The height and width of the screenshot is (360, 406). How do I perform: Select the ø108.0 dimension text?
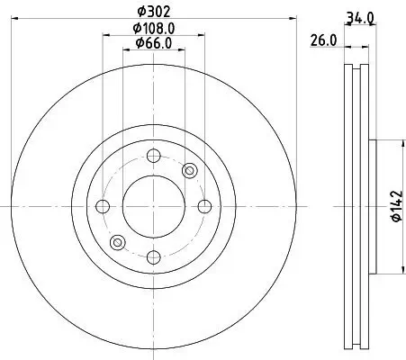[x=154, y=27]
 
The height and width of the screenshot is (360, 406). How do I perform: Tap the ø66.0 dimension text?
[x=154, y=42]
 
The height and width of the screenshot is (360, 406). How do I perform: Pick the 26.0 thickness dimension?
[x=321, y=40]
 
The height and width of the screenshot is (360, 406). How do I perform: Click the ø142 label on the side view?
[x=393, y=206]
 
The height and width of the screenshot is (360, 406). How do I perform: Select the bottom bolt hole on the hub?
[x=153, y=258]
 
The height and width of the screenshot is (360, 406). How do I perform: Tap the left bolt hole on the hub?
[x=102, y=206]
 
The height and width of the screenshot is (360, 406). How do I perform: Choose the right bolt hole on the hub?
[x=205, y=206]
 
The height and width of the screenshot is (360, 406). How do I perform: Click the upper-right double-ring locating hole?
[x=190, y=170]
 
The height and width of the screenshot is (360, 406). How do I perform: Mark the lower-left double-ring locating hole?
[x=116, y=242]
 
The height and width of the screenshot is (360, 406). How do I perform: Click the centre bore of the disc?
[x=153, y=206]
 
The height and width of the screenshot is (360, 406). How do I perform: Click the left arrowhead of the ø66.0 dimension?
[x=124, y=50]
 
